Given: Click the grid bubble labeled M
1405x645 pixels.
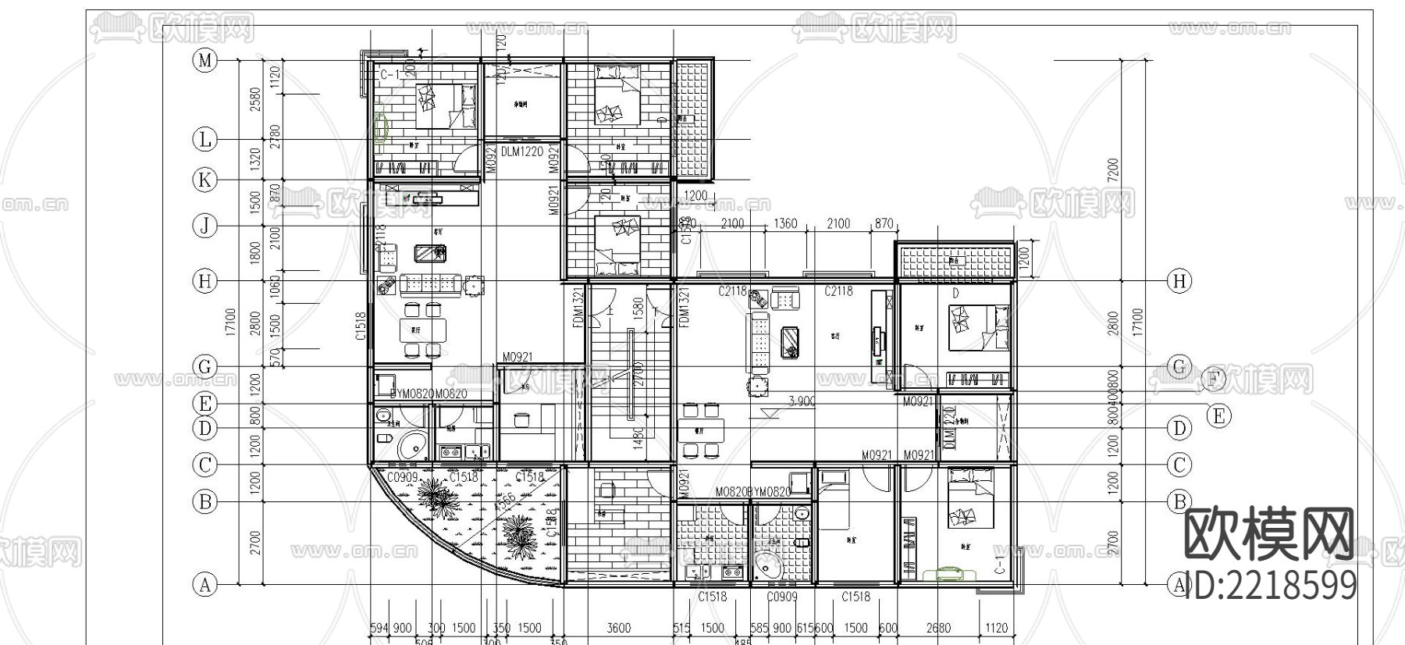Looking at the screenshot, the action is [205, 60].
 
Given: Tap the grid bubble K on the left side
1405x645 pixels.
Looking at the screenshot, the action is [205, 180].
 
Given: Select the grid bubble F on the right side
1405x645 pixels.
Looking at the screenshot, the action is [1213, 380].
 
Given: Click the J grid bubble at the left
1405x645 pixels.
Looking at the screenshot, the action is [205, 226].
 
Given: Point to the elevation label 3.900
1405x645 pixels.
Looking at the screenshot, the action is [802, 401].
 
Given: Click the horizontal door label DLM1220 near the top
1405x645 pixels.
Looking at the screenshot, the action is [521, 151].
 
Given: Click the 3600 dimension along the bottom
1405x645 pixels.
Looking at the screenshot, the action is [618, 628].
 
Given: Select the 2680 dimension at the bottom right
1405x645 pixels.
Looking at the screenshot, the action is [938, 628].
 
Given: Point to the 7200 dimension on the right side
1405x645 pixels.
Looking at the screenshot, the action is [1113, 169].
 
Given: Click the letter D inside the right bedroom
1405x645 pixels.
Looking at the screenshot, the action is [955, 294].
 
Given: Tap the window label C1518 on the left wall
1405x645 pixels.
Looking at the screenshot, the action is [361, 326].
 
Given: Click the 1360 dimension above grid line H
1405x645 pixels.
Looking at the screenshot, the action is [784, 224].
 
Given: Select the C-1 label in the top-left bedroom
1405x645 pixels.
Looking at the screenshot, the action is [390, 75].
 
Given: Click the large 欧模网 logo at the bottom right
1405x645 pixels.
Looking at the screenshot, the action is [1269, 535].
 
